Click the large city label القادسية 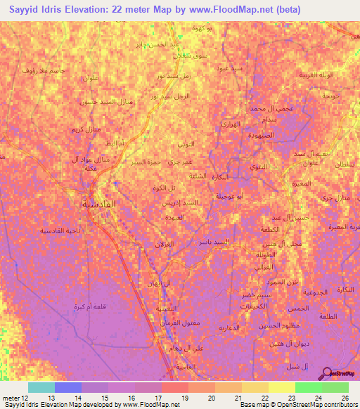click(96, 204)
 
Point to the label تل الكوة click(163, 188)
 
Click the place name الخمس click(298, 308)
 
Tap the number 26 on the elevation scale click(345, 397)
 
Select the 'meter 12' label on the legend click(14, 397)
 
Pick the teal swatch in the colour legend click(41, 387)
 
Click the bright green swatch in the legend click(308, 387)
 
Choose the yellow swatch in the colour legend click(281, 387)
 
